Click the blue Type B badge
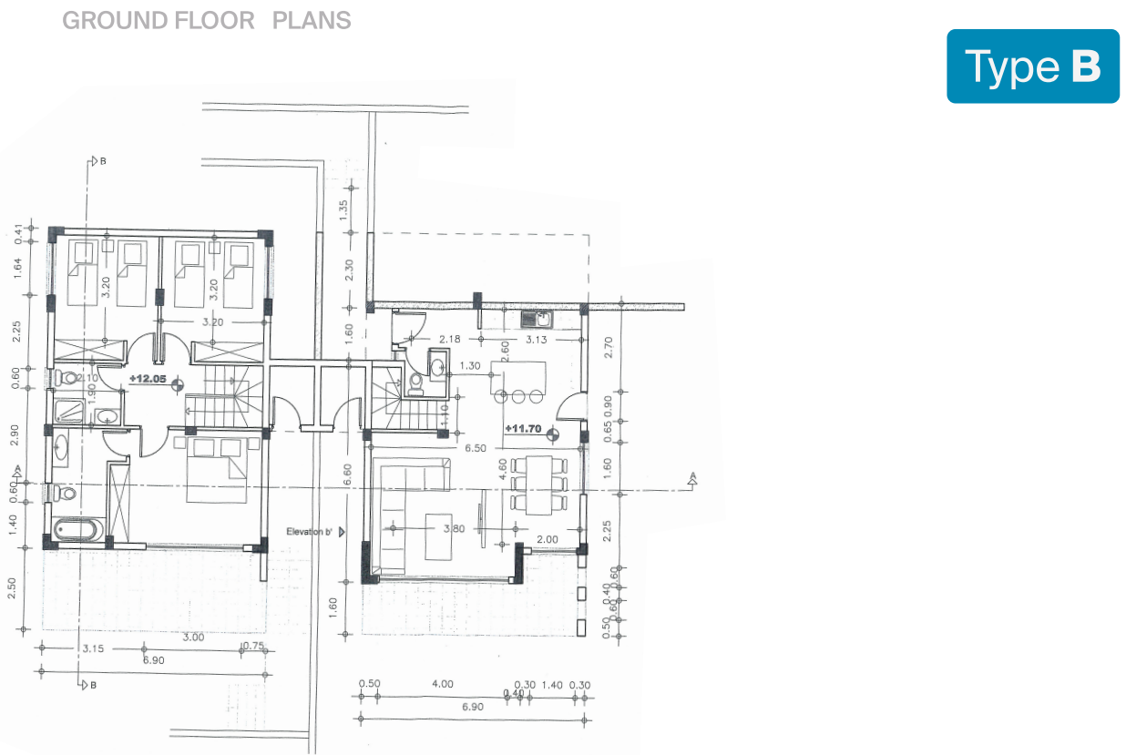click(1032, 66)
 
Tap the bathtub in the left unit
click(77, 529)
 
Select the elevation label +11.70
click(523, 428)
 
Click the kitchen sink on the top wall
click(537, 319)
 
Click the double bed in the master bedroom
click(216, 469)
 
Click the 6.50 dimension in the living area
click(475, 448)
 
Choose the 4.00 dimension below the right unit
click(442, 684)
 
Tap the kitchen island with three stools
click(518, 375)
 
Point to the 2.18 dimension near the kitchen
click(449, 340)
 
